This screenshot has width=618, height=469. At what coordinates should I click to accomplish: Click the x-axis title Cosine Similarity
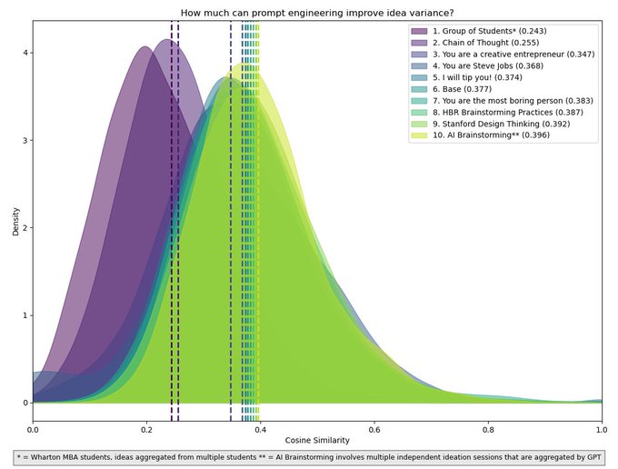317,439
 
